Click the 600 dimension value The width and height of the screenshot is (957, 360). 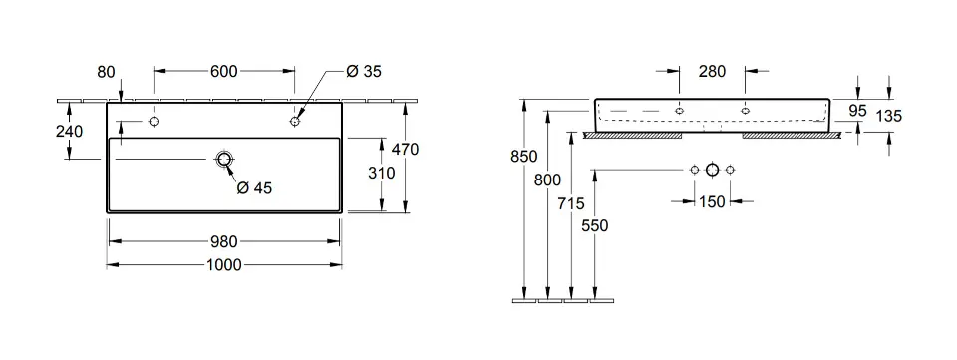(x=223, y=72)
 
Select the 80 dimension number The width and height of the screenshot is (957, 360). (x=106, y=72)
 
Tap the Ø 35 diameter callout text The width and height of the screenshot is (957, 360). (x=363, y=72)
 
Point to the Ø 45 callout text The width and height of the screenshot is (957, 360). (x=254, y=188)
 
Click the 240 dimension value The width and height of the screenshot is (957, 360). (x=69, y=131)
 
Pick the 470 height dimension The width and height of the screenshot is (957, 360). (x=405, y=149)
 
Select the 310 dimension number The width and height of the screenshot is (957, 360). (x=382, y=173)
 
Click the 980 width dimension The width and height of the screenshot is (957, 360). (x=223, y=241)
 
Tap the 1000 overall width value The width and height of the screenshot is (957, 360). (x=223, y=265)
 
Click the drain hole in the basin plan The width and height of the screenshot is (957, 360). (x=224, y=160)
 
